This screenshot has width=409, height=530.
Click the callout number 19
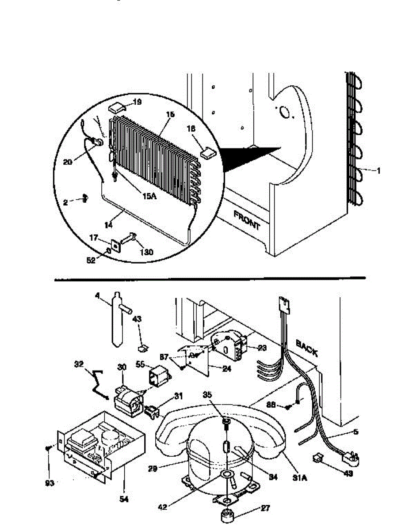click(x=137, y=102)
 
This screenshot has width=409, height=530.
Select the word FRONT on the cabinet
click(x=247, y=220)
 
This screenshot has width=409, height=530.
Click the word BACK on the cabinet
click(x=306, y=347)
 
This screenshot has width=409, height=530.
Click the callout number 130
click(x=146, y=253)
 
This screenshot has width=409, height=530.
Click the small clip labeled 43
click(x=143, y=348)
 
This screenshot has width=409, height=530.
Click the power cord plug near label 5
click(x=350, y=459)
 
